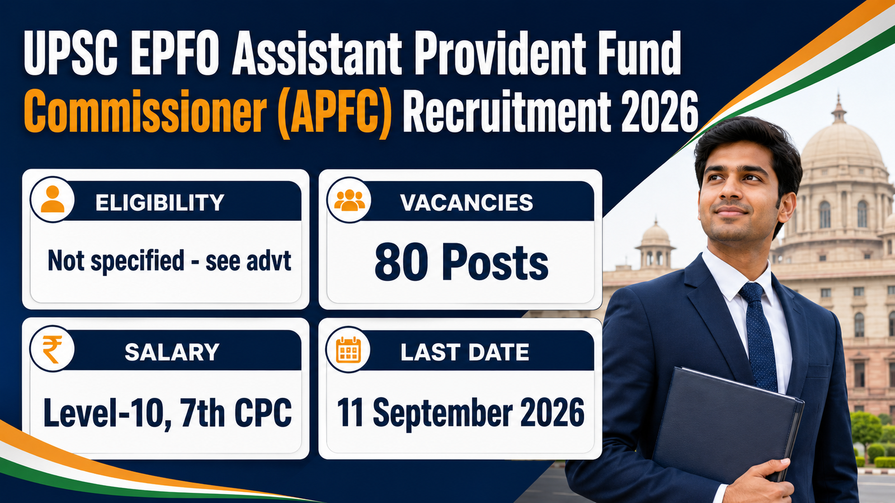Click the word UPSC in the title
[70, 53]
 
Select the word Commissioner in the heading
[145, 111]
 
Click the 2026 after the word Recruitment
[659, 111]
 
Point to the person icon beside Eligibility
[53, 199]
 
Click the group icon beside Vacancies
[349, 199]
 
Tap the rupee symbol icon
[53, 349]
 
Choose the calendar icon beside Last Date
[348, 349]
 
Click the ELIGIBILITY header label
[160, 202]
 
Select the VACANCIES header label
[467, 202]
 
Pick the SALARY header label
[172, 352]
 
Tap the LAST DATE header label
[465, 352]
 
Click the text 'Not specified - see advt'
[169, 261]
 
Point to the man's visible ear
[786, 207]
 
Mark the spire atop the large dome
[839, 108]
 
